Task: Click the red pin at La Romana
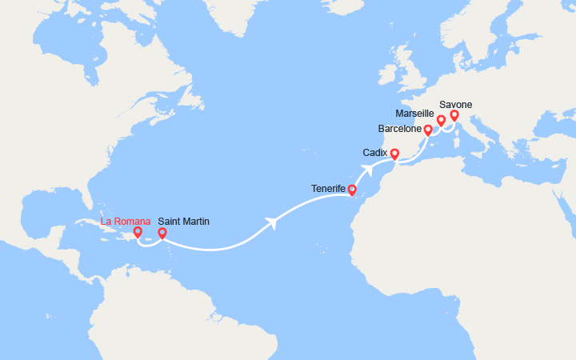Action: click(x=138, y=232)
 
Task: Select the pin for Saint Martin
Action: click(x=162, y=234)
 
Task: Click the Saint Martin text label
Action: click(x=184, y=221)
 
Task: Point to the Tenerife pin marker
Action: click(x=352, y=190)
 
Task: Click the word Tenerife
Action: click(x=328, y=189)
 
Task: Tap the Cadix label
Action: click(x=374, y=151)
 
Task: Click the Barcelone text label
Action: click(x=401, y=129)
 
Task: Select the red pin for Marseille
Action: click(x=441, y=120)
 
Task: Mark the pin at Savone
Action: click(x=454, y=115)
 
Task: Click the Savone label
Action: click(x=455, y=104)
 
